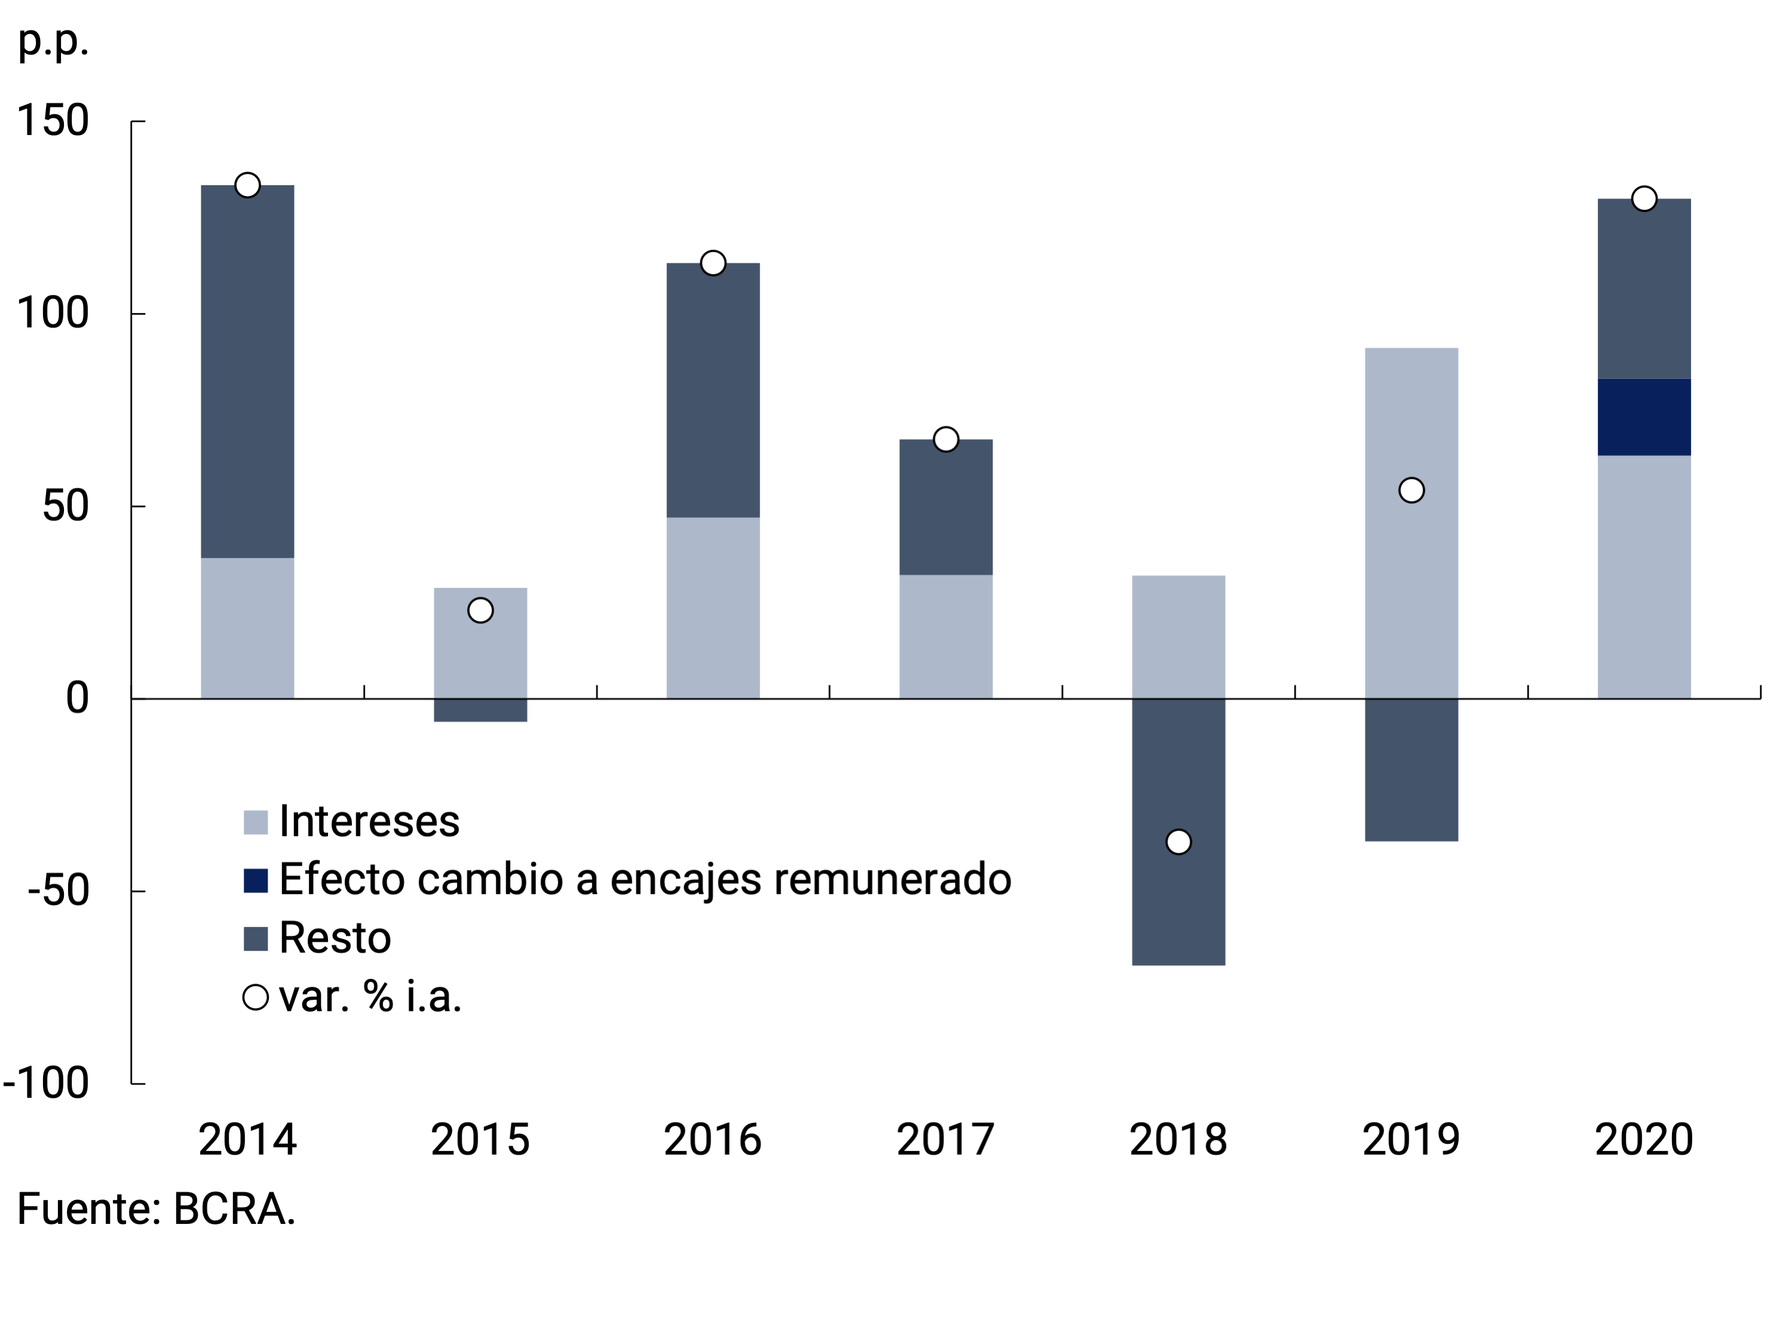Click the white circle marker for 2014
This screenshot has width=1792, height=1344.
(x=247, y=185)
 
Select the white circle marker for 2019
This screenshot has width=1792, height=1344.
(x=1411, y=490)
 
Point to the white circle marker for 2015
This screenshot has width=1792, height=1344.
(x=480, y=610)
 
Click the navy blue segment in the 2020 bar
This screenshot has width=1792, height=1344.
(x=1644, y=417)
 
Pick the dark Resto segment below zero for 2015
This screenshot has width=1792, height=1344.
(x=480, y=710)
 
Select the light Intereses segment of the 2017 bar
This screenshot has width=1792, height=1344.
(x=945, y=637)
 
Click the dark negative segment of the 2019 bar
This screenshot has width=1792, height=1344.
(x=1411, y=770)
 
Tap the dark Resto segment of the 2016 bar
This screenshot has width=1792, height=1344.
(x=713, y=390)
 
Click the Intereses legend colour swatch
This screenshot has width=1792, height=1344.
(x=256, y=822)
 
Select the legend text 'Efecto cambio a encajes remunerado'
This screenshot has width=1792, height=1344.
(x=645, y=880)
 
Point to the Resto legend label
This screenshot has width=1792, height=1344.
(x=335, y=938)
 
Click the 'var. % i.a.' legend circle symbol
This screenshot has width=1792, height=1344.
(x=256, y=997)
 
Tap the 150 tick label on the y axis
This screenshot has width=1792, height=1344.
(x=53, y=121)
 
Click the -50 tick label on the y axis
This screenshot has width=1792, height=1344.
(x=59, y=890)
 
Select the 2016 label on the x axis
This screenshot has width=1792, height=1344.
(x=713, y=1139)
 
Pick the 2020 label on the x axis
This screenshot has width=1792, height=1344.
(x=1644, y=1139)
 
